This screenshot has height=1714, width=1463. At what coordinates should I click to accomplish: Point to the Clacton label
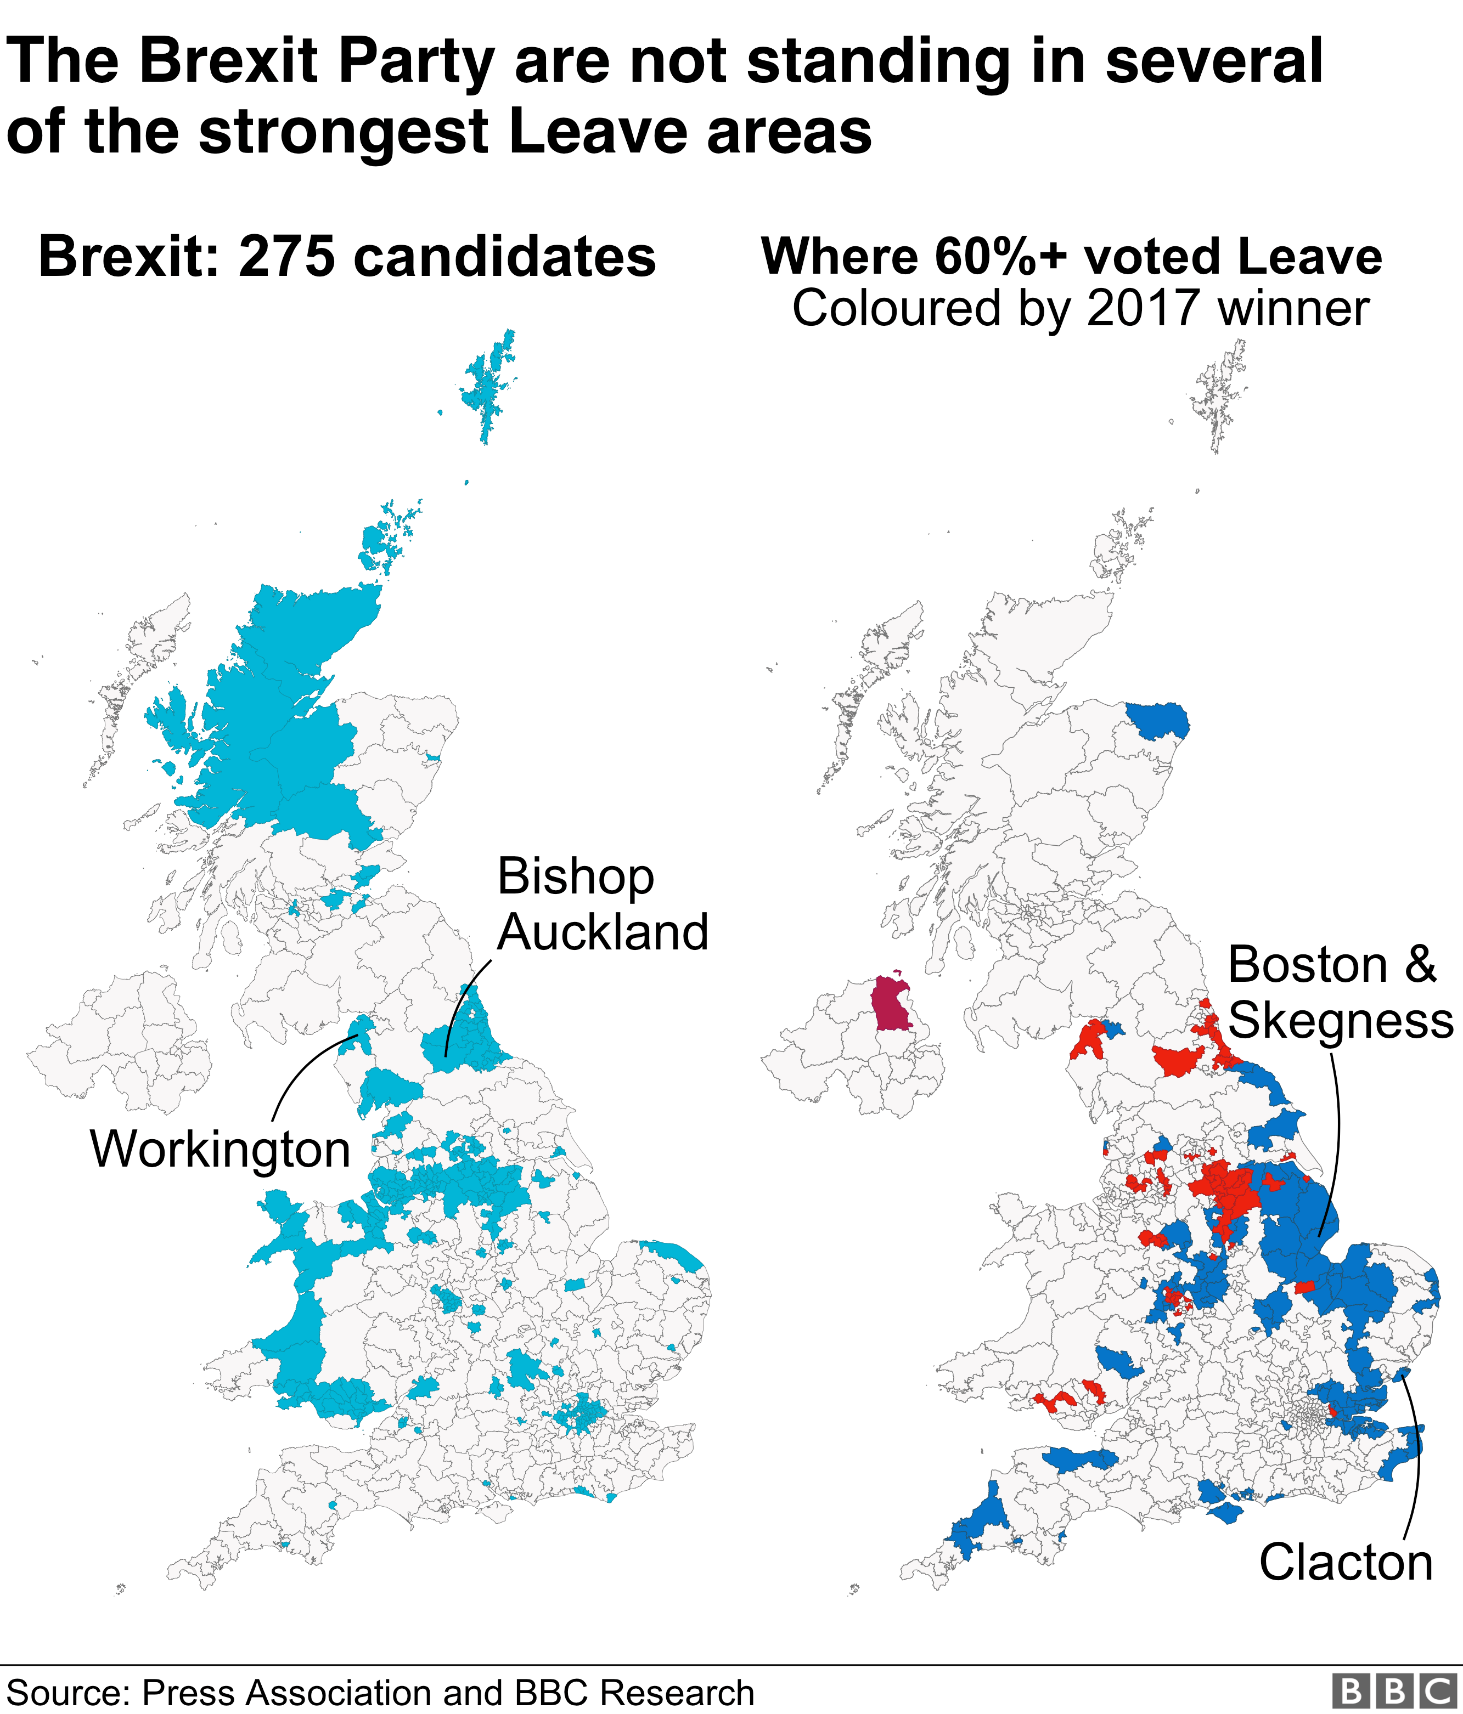[1346, 1563]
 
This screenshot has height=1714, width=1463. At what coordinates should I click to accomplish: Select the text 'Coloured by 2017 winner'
[1080, 309]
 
